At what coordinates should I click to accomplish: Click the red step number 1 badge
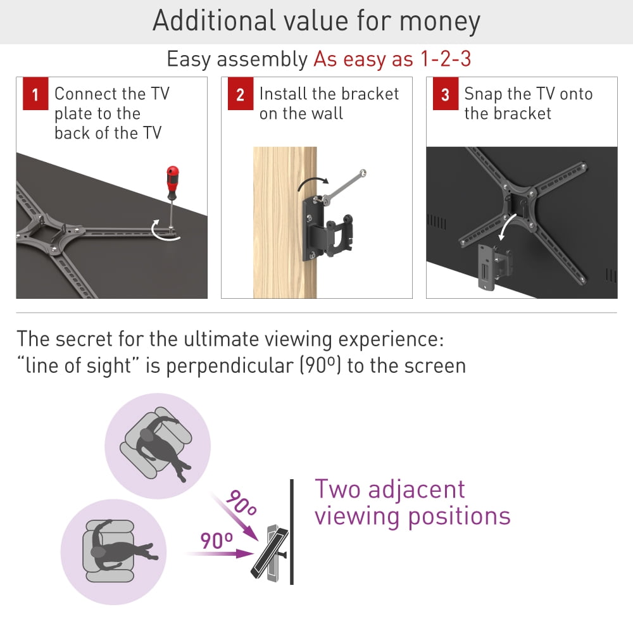[x=35, y=94]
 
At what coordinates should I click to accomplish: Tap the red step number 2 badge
[x=241, y=94]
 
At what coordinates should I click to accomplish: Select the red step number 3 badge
[x=446, y=94]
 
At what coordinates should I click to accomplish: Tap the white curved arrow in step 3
[x=506, y=226]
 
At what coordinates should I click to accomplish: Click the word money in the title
[x=440, y=21]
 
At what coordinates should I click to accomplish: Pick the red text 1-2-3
[x=446, y=59]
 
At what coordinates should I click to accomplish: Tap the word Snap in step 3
[x=483, y=94]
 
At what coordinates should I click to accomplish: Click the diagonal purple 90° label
[x=241, y=502]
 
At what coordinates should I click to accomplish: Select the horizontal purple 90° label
[x=216, y=540]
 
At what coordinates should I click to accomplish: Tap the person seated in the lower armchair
[x=121, y=546]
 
